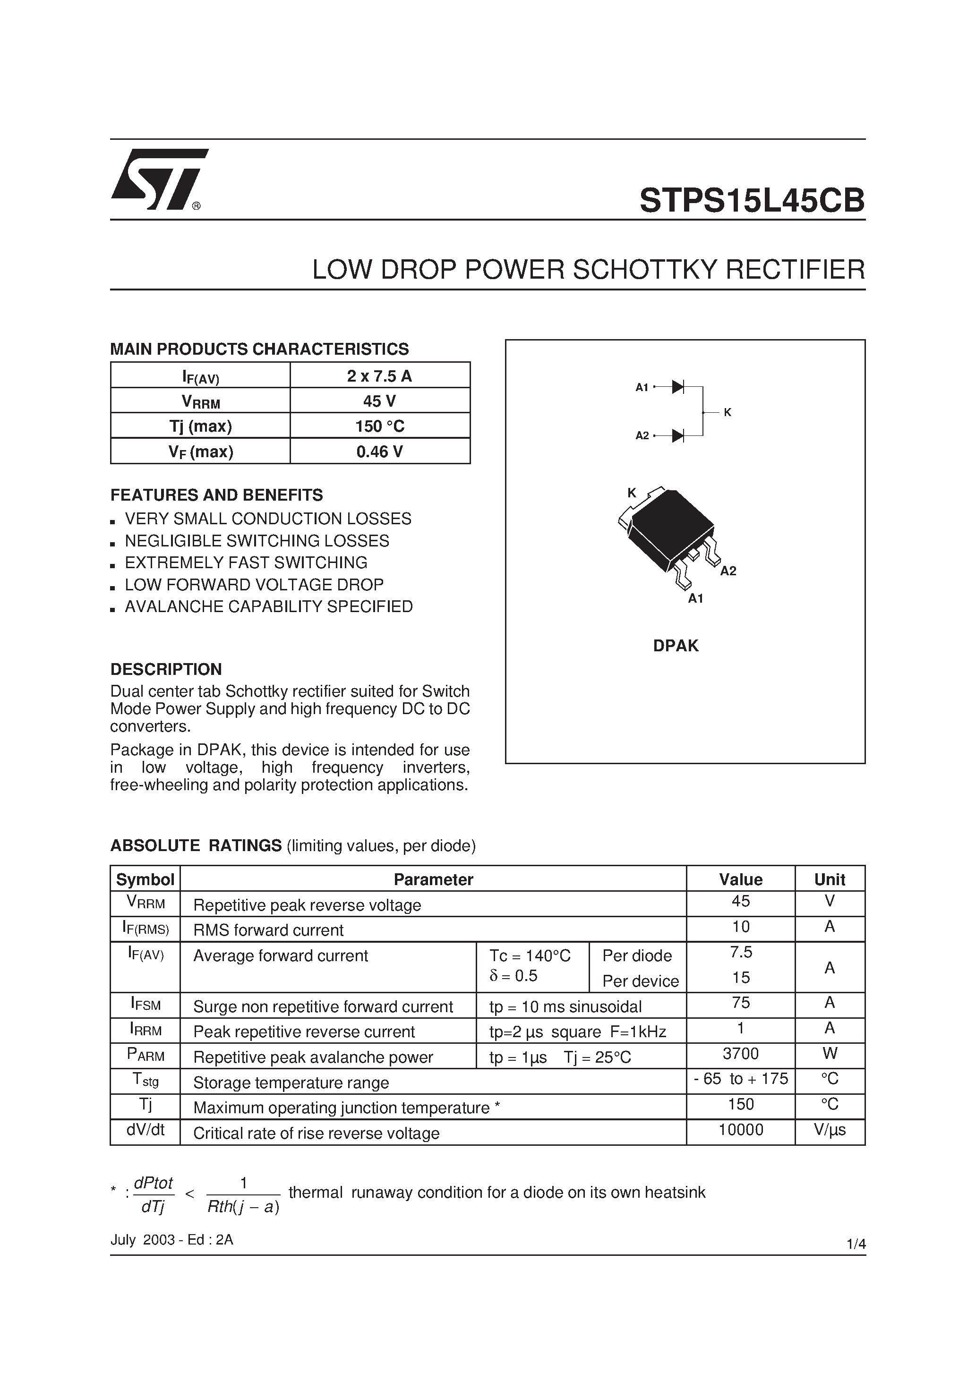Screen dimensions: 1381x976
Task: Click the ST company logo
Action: [x=158, y=179]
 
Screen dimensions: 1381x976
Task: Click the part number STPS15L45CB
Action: [x=752, y=200]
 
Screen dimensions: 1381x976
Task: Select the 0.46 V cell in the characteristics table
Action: [x=380, y=451]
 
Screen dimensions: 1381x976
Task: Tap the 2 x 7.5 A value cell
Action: [x=380, y=376]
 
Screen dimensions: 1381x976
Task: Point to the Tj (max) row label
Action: [x=200, y=426]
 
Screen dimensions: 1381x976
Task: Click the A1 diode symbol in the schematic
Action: [x=677, y=387]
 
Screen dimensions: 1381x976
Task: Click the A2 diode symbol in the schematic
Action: [x=677, y=435]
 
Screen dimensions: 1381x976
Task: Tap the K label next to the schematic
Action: [x=728, y=412]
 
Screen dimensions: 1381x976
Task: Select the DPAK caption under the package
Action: [x=676, y=645]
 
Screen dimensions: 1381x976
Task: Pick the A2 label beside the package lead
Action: [x=728, y=571]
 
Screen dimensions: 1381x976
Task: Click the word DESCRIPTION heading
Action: [x=166, y=669]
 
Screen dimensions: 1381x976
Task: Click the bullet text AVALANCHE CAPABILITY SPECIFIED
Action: [x=268, y=606]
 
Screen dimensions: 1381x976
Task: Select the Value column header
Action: [x=740, y=879]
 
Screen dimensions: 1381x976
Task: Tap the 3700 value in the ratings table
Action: [x=740, y=1053]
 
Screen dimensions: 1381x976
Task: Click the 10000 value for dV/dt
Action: [x=740, y=1130]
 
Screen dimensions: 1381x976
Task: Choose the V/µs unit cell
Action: [x=829, y=1130]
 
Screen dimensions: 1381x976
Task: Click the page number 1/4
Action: [x=856, y=1244]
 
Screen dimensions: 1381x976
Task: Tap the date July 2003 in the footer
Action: [x=142, y=1240]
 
